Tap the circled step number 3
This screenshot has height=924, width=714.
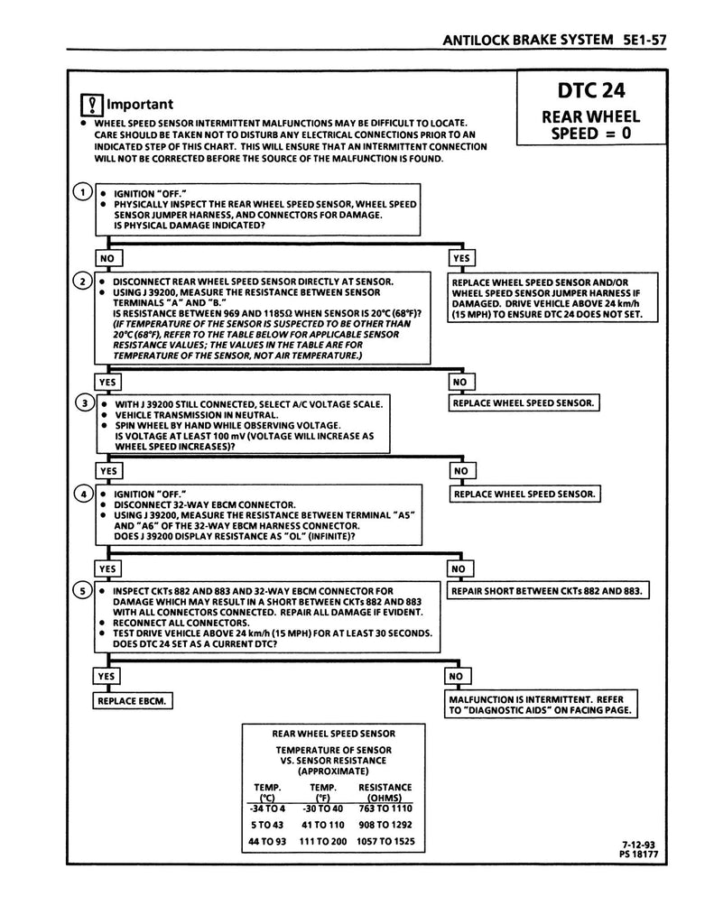83,402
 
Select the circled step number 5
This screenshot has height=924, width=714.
83,590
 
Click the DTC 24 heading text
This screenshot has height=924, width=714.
590,90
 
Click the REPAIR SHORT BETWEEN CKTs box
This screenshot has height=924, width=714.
549,591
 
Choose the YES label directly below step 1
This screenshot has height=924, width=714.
461,258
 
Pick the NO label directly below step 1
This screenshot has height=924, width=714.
107,258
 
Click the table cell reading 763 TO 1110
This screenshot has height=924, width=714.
385,808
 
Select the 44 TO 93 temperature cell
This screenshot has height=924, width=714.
267,841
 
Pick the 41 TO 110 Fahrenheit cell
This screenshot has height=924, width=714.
323,825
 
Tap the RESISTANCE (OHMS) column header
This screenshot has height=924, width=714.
385,792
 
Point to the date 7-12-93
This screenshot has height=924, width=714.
632,845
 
